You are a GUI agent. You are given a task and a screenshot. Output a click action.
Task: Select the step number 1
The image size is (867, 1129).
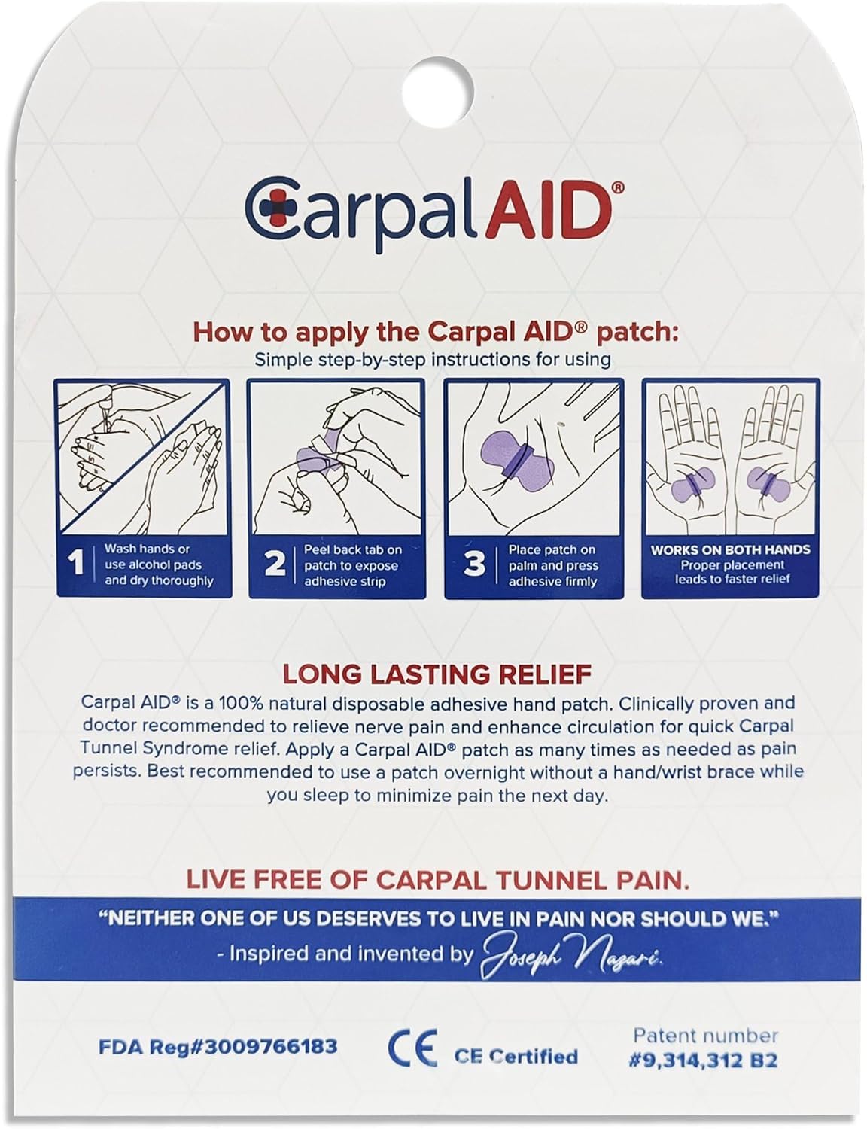click(x=75, y=564)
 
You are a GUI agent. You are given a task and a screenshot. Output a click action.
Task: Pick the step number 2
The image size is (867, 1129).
click(x=275, y=564)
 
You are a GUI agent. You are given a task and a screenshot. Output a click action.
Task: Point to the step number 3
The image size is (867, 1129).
click(x=474, y=564)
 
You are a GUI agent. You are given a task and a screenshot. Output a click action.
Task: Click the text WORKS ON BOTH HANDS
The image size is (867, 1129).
click(x=730, y=549)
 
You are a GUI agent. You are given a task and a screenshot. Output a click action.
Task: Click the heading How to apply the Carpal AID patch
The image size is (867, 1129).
click(x=436, y=332)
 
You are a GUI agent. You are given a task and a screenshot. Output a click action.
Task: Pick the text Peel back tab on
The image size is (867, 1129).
click(x=352, y=549)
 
